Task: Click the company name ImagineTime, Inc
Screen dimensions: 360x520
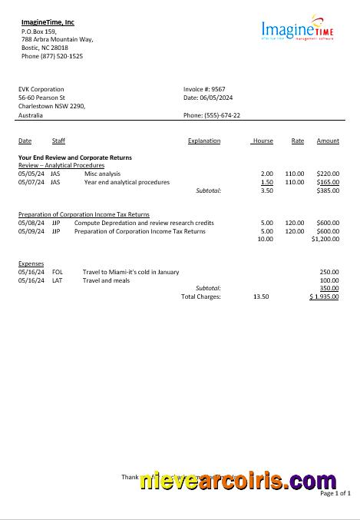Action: tap(48, 22)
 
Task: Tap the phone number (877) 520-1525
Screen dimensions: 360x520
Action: tap(52, 56)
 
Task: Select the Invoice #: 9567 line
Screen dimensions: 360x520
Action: tap(204, 89)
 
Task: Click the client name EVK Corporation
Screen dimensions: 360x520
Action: tap(41, 89)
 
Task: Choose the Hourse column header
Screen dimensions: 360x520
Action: tap(263, 141)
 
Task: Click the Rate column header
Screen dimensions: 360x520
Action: tap(298, 141)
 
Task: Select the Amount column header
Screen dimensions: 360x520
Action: tap(328, 141)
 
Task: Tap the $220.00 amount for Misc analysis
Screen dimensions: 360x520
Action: tap(328, 174)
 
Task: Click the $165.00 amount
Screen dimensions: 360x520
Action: tap(328, 182)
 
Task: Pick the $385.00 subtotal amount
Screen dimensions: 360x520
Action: tap(328, 190)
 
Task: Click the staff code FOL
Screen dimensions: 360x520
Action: tap(58, 272)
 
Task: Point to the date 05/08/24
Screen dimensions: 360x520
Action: tap(31, 223)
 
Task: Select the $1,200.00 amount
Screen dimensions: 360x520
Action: tap(325, 239)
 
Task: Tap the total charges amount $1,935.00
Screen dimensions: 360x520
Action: tap(324, 296)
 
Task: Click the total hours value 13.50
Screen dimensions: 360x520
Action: tap(261, 296)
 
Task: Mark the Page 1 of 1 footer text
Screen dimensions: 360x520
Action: tap(335, 493)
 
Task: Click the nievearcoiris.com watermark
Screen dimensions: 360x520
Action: tap(238, 482)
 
